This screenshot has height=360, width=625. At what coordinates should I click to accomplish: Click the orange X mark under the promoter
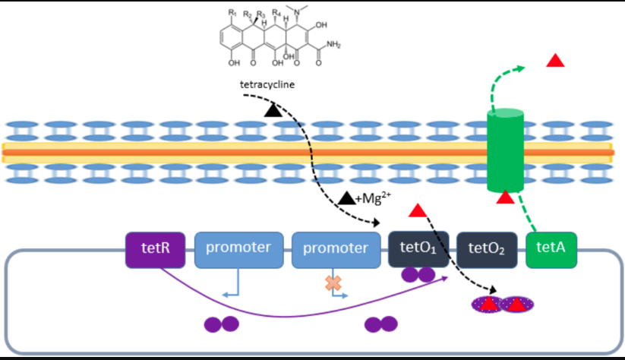tap(332, 283)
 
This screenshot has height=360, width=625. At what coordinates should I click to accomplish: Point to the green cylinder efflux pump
tap(505, 150)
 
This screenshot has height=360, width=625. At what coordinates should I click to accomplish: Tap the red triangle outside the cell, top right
tap(557, 60)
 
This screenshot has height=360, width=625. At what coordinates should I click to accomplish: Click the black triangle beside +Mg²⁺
tap(346, 199)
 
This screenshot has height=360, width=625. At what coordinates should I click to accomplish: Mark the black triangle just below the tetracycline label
tap(273, 112)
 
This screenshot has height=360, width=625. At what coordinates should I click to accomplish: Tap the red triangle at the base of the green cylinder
tap(505, 199)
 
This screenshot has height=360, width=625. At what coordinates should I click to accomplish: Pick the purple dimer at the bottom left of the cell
tap(222, 324)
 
